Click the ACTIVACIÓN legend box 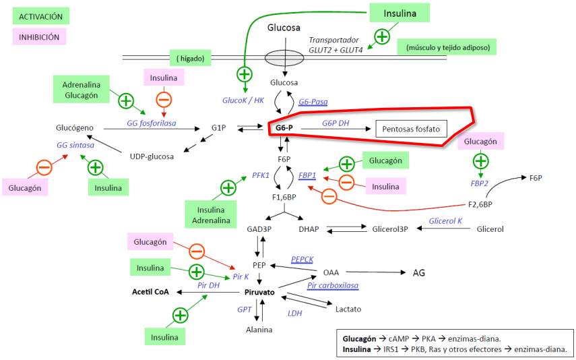pyautogui.click(x=40, y=16)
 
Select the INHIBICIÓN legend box pyautogui.click(x=39, y=37)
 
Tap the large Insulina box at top pyautogui.click(x=400, y=13)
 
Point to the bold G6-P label pyautogui.click(x=284, y=127)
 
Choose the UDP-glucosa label pyautogui.click(x=152, y=156)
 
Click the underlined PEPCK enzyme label pyautogui.click(x=303, y=259)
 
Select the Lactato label pyautogui.click(x=348, y=309)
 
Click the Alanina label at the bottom pyautogui.click(x=259, y=330)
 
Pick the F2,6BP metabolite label pyautogui.click(x=480, y=203)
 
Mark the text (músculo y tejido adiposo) pyautogui.click(x=447, y=47)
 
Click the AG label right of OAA pyautogui.click(x=418, y=272)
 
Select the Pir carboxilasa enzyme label pyautogui.click(x=333, y=286)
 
